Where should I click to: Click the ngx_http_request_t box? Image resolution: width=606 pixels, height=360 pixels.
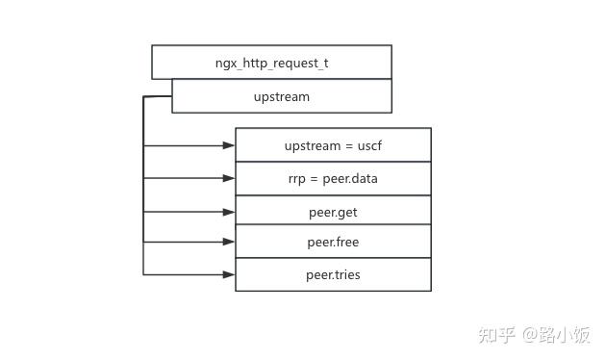271,62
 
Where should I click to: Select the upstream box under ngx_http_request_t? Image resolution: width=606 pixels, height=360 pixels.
281,96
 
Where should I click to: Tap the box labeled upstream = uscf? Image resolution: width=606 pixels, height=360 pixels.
333,145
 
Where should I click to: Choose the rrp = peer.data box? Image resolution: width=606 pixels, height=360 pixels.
333,178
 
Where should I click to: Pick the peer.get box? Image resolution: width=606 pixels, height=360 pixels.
333,210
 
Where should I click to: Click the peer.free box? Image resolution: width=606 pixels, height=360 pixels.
333,242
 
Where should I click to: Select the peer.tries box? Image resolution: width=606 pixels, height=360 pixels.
333,274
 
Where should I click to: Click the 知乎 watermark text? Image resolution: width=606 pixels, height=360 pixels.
497,334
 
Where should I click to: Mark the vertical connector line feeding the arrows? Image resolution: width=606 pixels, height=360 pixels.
143,193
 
